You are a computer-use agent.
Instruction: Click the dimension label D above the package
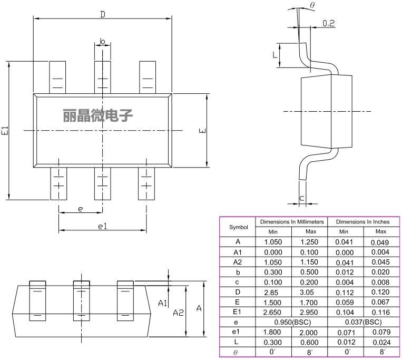[103, 14]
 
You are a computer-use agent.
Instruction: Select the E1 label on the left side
[5, 131]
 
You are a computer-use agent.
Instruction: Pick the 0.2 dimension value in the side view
[328, 23]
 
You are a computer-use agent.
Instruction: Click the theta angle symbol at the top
[312, 5]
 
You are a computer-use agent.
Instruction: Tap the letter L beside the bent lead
[274, 55]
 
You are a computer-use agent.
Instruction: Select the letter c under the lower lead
[301, 198]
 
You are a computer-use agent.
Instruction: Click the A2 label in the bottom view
[178, 312]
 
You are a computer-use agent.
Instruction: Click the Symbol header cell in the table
[238, 227]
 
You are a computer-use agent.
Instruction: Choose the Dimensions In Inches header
[362, 222]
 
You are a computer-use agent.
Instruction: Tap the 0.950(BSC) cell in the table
[291, 322]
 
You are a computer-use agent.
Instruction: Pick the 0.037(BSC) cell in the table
[362, 322]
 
